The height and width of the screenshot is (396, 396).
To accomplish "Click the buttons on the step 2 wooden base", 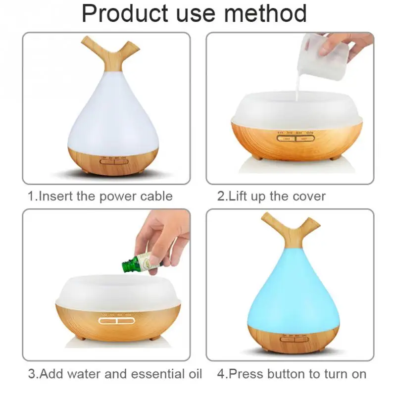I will pos(296,139).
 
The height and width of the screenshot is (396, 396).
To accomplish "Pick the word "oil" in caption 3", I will pos(193,373).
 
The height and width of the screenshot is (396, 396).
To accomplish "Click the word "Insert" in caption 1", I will pos(56,196).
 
